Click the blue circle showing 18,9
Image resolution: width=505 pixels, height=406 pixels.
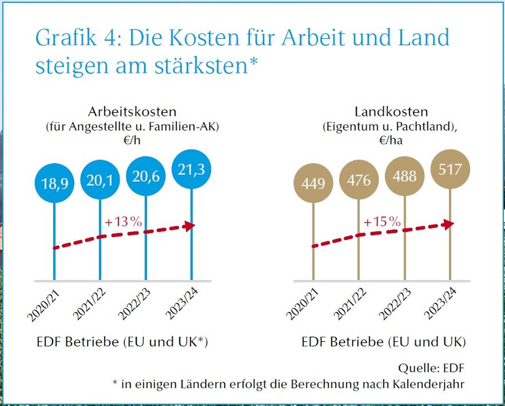coord(54,184)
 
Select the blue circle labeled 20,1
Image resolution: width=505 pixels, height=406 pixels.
coord(100,181)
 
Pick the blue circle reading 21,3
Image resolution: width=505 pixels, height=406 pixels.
coord(191,169)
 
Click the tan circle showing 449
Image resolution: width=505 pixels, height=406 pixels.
coord(313,184)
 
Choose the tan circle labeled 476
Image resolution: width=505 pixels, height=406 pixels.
coord(358,180)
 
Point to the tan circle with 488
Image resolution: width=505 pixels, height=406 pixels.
coord(404,176)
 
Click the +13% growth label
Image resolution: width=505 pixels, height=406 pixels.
coord(123,222)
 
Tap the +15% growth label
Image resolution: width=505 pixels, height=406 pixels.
coord(381,221)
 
